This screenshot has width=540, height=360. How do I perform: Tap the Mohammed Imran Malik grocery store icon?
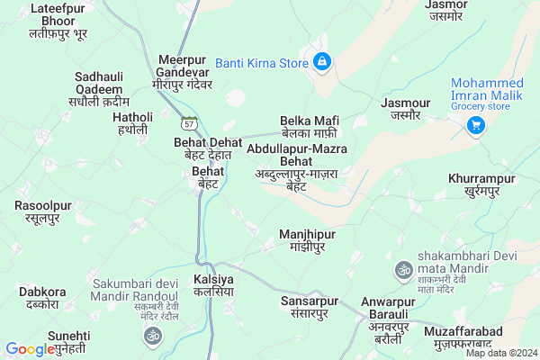[x=474, y=126]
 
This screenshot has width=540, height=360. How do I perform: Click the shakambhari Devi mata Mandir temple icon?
[x=404, y=268]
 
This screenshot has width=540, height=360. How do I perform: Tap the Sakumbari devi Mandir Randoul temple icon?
[x=152, y=336]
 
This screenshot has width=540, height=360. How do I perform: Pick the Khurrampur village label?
[x=481, y=184]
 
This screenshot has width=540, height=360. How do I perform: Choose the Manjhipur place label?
[x=307, y=240]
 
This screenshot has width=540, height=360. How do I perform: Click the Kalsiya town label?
[x=213, y=286]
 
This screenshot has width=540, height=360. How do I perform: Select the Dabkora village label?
[x=42, y=298]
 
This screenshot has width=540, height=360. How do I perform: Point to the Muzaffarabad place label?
[x=457, y=338]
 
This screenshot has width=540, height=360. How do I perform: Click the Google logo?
[x=30, y=349]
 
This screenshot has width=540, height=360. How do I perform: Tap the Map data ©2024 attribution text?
[x=500, y=353]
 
